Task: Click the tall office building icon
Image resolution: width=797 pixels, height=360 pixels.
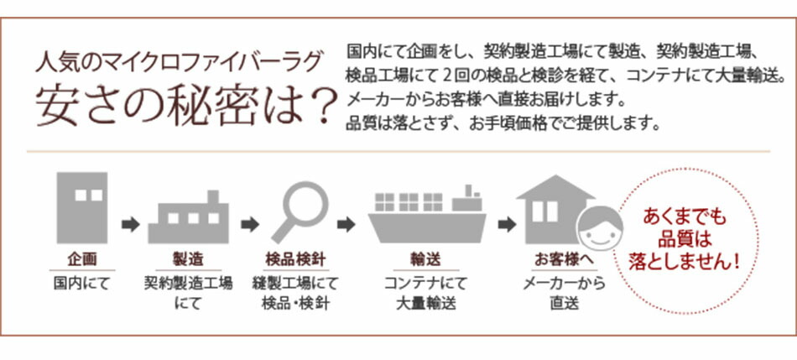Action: click(82, 208)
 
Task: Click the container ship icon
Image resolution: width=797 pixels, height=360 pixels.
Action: click(427, 213)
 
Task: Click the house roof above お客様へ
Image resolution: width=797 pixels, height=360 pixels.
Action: click(555, 187)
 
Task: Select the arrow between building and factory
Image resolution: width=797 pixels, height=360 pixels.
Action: click(130, 224)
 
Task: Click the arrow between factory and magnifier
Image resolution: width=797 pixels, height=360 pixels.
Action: click(249, 224)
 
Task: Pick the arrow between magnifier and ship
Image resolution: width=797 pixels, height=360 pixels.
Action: click(346, 224)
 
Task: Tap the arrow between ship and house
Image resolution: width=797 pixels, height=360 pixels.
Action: click(506, 224)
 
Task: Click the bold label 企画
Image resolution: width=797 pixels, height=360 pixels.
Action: click(82, 260)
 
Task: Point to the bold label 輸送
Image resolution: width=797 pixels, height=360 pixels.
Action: click(426, 260)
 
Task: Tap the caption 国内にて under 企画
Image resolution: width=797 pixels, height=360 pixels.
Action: click(82, 284)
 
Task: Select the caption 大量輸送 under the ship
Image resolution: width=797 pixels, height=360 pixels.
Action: click(426, 304)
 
